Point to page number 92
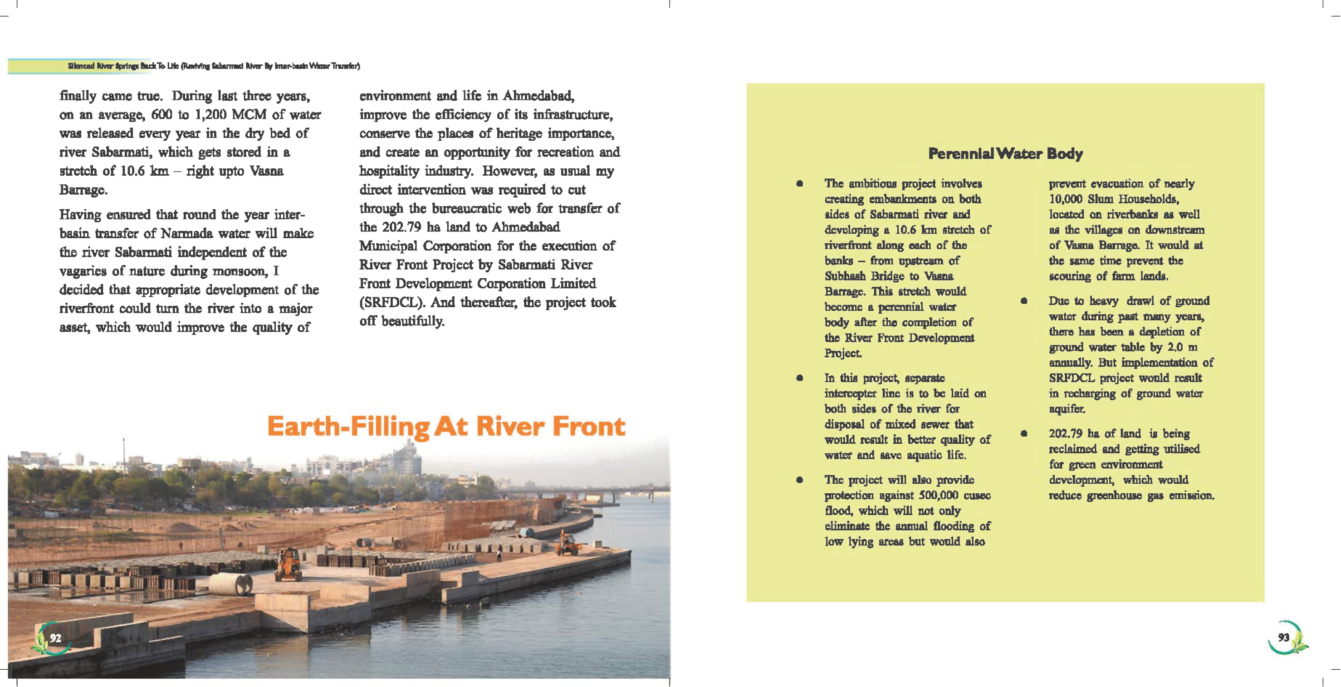pyautogui.click(x=56, y=638)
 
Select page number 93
pyautogui.click(x=1284, y=638)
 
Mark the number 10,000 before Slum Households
pyautogui.click(x=1066, y=199)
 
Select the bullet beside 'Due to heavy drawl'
pyautogui.click(x=1023, y=301)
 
